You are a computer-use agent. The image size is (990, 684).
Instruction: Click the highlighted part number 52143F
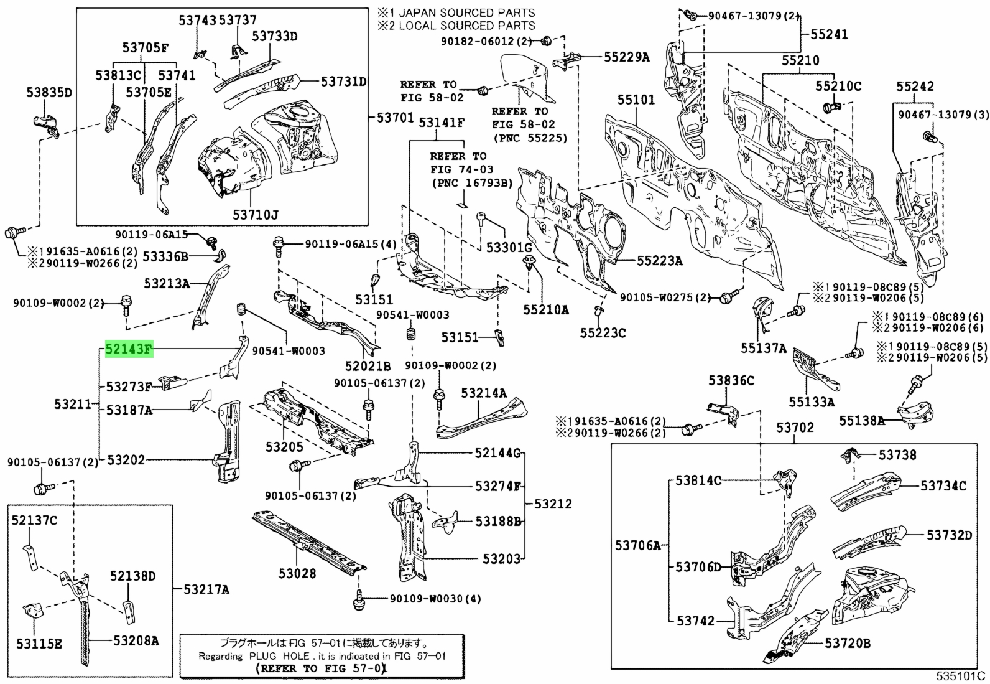pos(129,350)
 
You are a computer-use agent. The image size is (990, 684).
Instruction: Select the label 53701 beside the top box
pos(395,118)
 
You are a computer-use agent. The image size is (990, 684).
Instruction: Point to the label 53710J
pos(256,215)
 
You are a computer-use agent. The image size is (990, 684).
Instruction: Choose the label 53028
pos(297,574)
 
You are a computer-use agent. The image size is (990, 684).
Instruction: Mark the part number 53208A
pos(136,640)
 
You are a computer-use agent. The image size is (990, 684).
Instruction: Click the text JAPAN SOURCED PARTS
pos(467,13)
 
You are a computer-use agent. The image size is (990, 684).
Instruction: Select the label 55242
pos(915,87)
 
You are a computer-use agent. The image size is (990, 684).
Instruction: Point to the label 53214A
pos(484,393)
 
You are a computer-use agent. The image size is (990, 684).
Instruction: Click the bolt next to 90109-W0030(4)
pos(359,601)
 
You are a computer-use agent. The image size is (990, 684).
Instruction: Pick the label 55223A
pos(659,261)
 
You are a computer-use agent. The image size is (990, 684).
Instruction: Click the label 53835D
pos(49,93)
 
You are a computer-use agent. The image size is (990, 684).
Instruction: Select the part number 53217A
pos(206,589)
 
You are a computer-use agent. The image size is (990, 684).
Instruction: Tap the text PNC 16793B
pos(472,183)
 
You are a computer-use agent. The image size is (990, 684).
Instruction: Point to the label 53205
pos(284,447)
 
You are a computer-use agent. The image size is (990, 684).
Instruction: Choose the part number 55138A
pos(862,420)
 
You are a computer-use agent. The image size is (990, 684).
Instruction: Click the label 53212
pos(553,504)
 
